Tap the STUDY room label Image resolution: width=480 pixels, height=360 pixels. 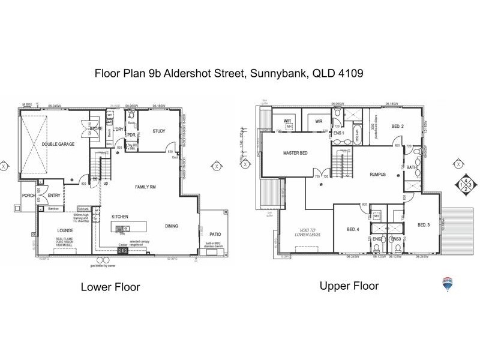click(x=158, y=131)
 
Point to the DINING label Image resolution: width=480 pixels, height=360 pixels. click(x=172, y=226)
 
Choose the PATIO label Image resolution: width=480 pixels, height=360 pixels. click(x=214, y=235)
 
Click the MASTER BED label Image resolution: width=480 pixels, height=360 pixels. click(x=295, y=153)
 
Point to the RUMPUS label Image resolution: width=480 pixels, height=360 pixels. click(x=377, y=175)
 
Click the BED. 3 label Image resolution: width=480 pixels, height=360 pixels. click(x=424, y=224)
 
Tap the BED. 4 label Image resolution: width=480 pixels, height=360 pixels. click(x=353, y=229)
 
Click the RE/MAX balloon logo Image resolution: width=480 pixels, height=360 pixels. click(x=447, y=284)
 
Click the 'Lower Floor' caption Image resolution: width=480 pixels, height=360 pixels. click(x=110, y=287)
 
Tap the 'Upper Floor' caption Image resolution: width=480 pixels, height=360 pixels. click(x=349, y=286)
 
